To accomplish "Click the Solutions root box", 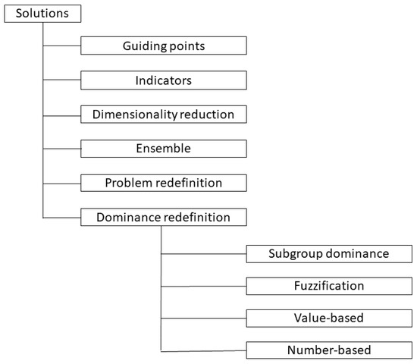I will (x=41, y=13).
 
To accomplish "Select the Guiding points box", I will (x=164, y=46).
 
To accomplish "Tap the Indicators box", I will (x=164, y=80).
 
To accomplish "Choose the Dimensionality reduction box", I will (x=164, y=115).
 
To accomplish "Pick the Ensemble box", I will (x=164, y=149).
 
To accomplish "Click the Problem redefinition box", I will (x=164, y=183).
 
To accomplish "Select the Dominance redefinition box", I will (x=164, y=218).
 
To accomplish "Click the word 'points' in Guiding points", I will (x=187, y=46).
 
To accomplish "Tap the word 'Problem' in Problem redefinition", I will (x=128, y=183).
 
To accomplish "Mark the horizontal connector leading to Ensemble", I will (x=61, y=149).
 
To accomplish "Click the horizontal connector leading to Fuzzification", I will (x=203, y=286).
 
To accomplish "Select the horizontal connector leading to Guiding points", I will (x=61, y=46).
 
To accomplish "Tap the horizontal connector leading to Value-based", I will (x=203, y=318).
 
